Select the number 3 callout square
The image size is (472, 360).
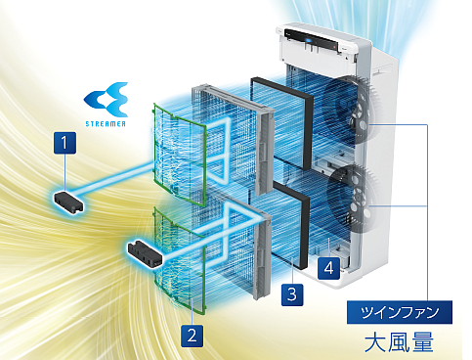[290, 292]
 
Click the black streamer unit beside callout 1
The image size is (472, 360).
[68, 202]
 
